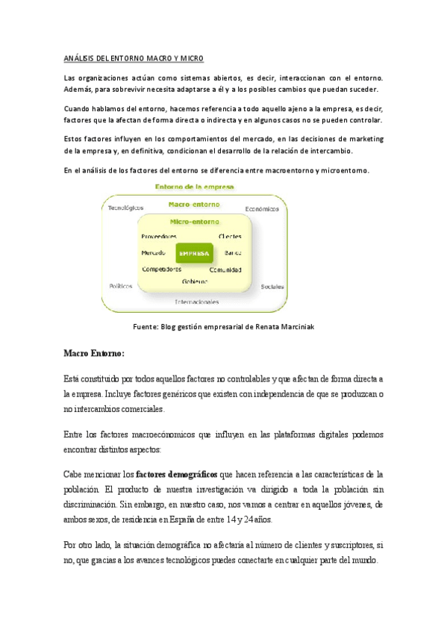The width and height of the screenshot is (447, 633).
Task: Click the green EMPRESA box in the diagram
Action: coord(194,253)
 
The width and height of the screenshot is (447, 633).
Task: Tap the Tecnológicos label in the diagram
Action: coord(126,208)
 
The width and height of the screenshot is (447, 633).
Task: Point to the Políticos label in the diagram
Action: coord(121,285)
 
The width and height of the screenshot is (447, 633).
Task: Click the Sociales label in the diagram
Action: coord(272,287)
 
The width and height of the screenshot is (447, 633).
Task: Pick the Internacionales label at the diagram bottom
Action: coord(197,302)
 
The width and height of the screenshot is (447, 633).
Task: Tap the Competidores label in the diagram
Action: coord(161,269)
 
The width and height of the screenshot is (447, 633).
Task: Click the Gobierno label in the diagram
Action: coord(195,282)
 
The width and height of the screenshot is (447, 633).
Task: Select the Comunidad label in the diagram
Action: coord(225,269)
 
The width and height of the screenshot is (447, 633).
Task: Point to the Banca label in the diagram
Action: coord(233,253)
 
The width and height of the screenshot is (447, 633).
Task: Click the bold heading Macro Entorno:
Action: coord(94,352)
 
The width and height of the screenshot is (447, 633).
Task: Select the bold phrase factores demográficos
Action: coord(177,474)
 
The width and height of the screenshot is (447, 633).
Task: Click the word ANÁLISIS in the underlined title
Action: coord(82,58)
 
